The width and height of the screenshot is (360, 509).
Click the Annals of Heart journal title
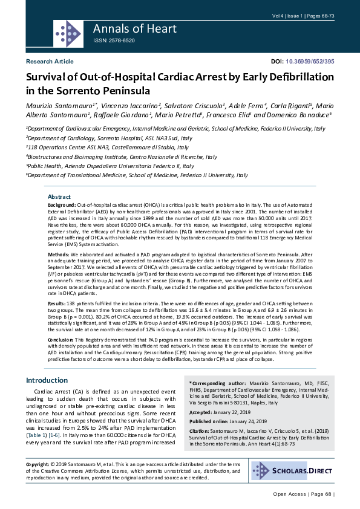(x=134, y=28)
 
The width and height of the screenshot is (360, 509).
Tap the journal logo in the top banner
(x=68, y=31)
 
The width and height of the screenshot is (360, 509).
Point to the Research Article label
(x=50, y=62)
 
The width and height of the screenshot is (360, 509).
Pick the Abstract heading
(x=59, y=197)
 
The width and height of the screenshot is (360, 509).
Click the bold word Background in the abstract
(x=62, y=206)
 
